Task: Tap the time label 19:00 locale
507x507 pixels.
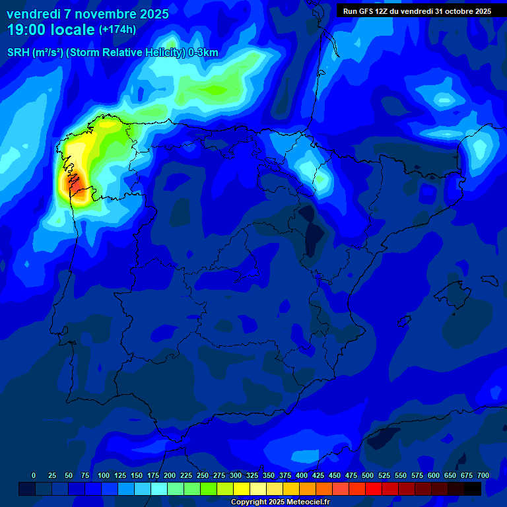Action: pyautogui.click(x=50, y=30)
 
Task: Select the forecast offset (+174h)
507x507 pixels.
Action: pyautogui.click(x=117, y=30)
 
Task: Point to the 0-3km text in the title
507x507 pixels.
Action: pyautogui.click(x=203, y=53)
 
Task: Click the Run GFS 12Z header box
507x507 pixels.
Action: pyautogui.click(x=417, y=11)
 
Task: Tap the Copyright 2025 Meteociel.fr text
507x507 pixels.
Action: pyautogui.click(x=280, y=502)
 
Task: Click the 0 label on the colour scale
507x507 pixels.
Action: pyautogui.click(x=34, y=475)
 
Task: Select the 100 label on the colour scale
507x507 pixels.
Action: pyautogui.click(x=104, y=475)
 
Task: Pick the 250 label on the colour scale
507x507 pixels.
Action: pyautogui.click(x=203, y=475)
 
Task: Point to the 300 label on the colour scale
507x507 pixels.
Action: pyautogui.click(x=236, y=475)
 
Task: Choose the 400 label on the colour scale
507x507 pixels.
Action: pyautogui.click(x=302, y=475)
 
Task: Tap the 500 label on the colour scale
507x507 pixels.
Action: pyautogui.click(x=368, y=475)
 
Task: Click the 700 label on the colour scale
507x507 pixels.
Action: pyautogui.click(x=483, y=475)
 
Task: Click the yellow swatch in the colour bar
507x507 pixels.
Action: pyautogui.click(x=242, y=489)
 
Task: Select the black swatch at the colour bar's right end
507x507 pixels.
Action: pyautogui.click(x=473, y=489)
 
